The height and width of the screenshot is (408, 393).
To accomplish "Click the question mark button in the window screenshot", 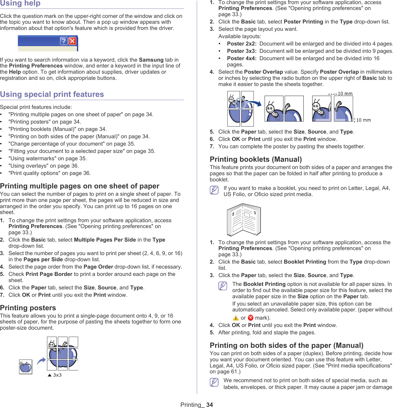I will pos(64,41).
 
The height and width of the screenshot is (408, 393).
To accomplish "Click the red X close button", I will pos(72,41).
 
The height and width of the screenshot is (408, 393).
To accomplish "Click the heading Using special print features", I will pos(52,94).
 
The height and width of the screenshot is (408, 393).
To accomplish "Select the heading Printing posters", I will pos(28,308).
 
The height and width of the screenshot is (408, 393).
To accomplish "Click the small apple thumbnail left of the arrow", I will pos(26,367).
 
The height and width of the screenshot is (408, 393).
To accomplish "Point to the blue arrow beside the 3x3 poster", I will pos(41,361).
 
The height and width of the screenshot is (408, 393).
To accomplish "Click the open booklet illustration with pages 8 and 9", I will pos(244,220).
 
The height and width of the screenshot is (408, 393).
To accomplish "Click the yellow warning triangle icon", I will pos(236,318).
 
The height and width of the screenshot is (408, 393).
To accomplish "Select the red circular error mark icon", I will pos(251,318).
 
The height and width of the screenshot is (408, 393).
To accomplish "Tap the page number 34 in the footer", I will pos(209,405).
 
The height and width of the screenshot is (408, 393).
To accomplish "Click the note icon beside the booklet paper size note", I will pos(214,190).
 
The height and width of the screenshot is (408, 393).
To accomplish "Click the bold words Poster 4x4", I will pos(241,58).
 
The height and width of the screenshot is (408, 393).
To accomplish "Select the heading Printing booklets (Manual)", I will pos(256,159).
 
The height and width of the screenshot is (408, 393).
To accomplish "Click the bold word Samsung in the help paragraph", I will pos(151,60).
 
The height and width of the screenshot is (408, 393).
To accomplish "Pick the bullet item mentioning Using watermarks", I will pos(48,159).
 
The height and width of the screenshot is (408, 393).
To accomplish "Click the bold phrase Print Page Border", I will pos(49,274).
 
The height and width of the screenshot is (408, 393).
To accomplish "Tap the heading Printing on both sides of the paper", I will pos(286,345).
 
